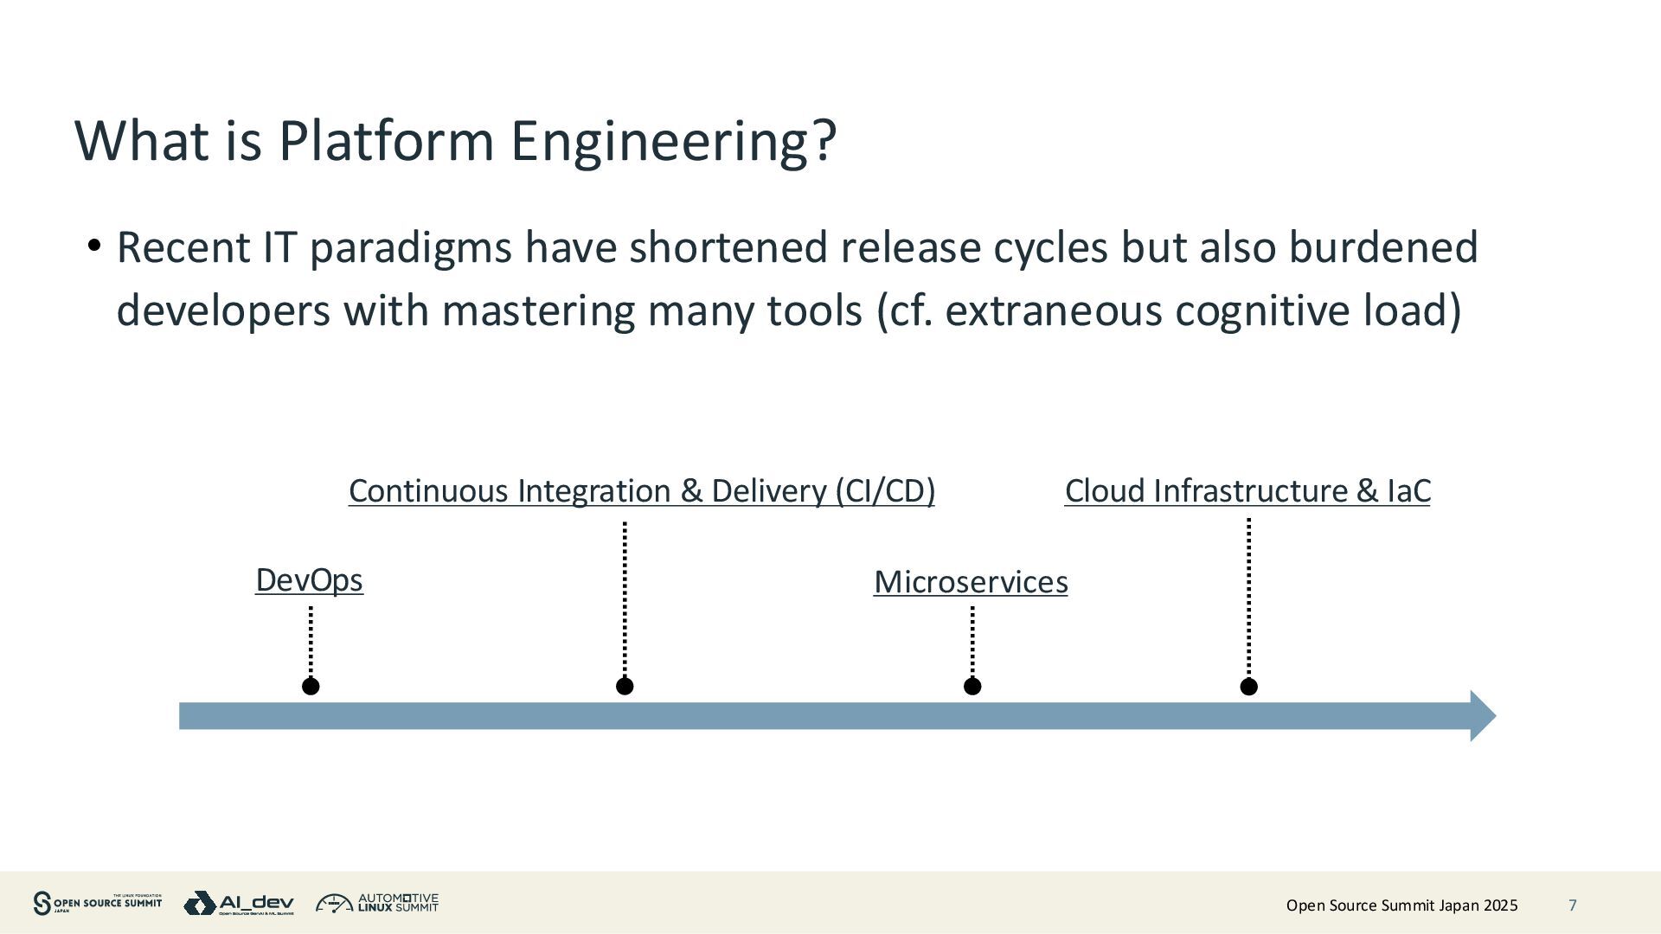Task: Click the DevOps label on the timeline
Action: click(x=309, y=580)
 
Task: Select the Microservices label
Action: click(x=971, y=582)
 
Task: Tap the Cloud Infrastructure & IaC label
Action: click(x=1247, y=490)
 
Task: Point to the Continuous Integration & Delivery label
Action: click(x=641, y=490)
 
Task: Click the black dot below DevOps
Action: click(x=311, y=687)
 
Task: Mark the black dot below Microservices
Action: click(x=972, y=687)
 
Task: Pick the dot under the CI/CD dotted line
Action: click(x=625, y=687)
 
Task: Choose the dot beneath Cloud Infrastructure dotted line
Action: click(x=1248, y=687)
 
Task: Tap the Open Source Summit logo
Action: click(x=97, y=904)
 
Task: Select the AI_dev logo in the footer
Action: click(x=239, y=904)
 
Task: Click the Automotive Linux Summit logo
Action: click(x=377, y=904)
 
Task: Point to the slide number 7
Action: click(x=1573, y=905)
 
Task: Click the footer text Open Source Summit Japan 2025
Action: click(x=1401, y=905)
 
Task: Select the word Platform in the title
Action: click(x=386, y=140)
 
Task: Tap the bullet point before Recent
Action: click(x=94, y=246)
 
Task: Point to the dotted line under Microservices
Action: click(x=972, y=641)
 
